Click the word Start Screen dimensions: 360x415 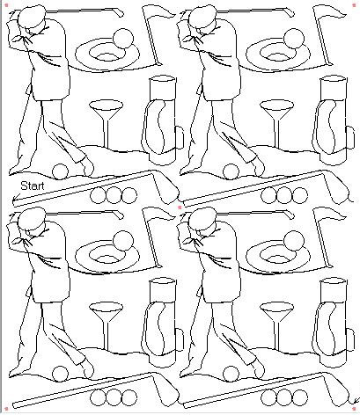[33, 186]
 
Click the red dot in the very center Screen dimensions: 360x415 [180, 207]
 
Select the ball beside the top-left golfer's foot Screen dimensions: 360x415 [60, 171]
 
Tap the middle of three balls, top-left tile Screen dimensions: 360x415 [114, 195]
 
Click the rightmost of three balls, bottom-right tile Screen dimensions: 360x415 [299, 398]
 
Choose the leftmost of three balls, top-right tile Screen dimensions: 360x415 [268, 195]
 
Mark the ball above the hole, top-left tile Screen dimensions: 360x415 [123, 39]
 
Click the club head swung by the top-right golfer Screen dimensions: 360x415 [290, 13]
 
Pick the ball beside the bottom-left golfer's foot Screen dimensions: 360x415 [60, 374]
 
